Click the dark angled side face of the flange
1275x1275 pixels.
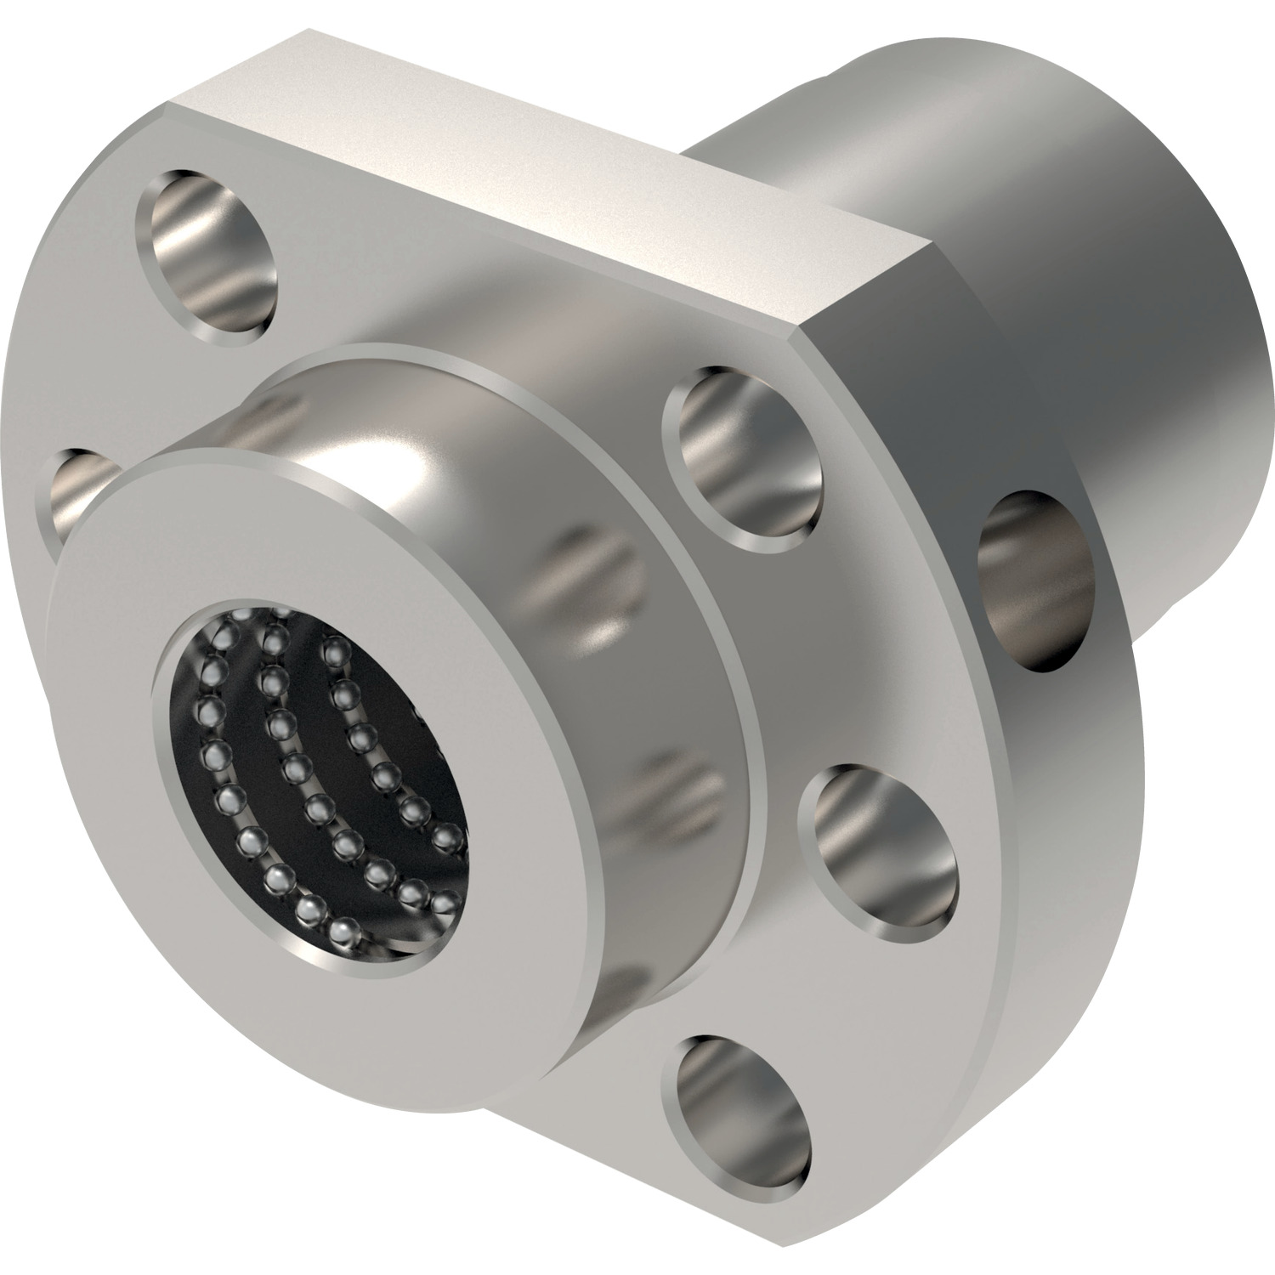(918, 408)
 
